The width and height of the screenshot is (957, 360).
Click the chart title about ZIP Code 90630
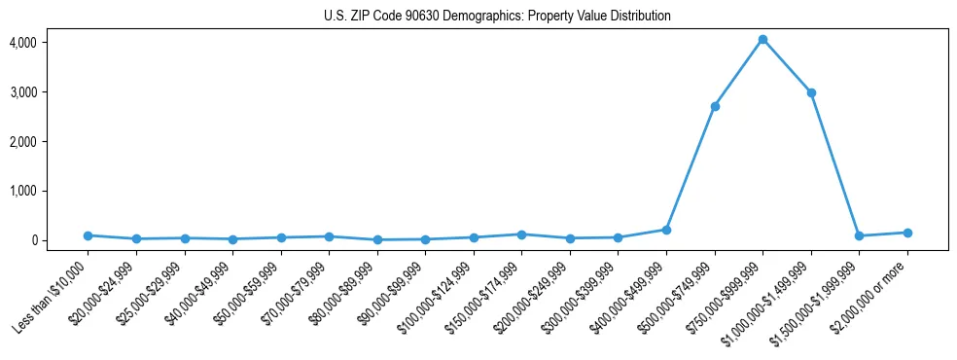(x=497, y=17)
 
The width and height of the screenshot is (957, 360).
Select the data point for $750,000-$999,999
(x=762, y=40)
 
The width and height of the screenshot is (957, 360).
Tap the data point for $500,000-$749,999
(x=715, y=106)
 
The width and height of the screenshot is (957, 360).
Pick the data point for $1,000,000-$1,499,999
(x=811, y=93)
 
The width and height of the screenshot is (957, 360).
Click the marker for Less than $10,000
(x=88, y=235)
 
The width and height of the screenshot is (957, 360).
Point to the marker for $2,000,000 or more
(x=907, y=233)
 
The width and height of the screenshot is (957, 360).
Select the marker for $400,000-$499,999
(x=666, y=230)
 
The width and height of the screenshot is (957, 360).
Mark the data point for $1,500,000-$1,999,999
(x=859, y=235)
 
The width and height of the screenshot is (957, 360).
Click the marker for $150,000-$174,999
(x=521, y=234)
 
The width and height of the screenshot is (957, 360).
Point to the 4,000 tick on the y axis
(x=52, y=43)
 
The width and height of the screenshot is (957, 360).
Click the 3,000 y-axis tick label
(x=52, y=92)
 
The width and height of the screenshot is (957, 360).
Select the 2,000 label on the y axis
(x=52, y=142)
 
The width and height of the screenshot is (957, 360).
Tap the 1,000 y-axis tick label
(x=52, y=191)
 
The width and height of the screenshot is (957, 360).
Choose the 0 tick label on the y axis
(x=60, y=240)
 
